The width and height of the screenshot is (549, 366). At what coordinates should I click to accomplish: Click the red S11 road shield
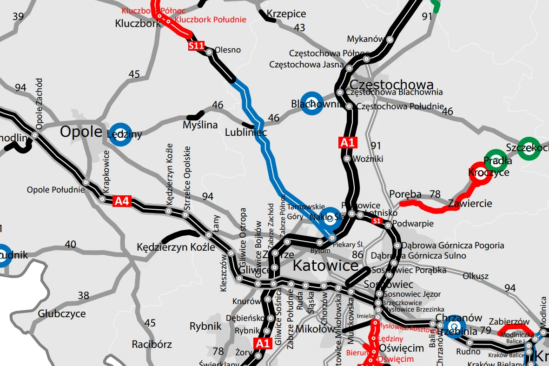197,46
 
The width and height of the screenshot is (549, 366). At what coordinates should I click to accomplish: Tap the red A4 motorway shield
122,201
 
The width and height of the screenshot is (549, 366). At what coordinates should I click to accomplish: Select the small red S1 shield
377,221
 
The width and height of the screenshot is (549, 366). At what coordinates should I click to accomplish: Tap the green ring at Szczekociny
528,148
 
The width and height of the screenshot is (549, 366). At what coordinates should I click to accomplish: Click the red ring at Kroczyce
479,173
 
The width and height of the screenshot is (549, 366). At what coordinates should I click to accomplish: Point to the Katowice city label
325,266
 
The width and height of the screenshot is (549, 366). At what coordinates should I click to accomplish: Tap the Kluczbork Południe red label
210,20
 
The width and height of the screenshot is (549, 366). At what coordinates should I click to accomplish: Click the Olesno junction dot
209,53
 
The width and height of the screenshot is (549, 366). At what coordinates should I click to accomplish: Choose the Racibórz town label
152,345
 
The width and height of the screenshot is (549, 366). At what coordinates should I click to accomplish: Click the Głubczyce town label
62,313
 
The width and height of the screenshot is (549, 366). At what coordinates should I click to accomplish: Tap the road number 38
83,295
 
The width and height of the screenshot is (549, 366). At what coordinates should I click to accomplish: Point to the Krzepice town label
286,14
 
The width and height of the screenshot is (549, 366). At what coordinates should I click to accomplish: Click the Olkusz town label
476,276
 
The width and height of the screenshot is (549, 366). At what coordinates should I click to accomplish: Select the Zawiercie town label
470,204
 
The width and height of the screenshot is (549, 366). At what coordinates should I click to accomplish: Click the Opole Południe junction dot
86,182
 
